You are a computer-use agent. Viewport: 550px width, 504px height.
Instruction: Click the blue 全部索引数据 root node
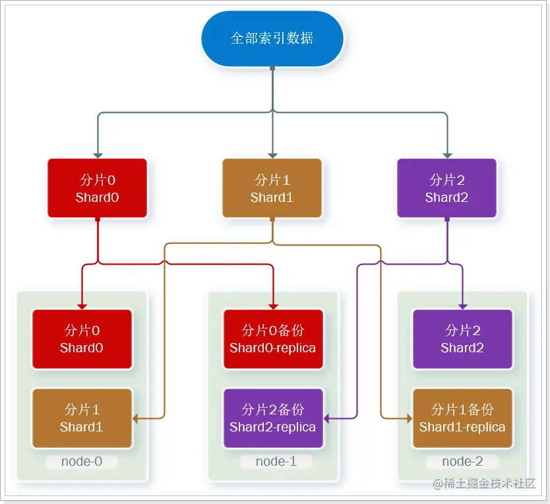point(272,38)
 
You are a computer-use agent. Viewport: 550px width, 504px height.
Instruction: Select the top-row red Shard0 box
point(97,188)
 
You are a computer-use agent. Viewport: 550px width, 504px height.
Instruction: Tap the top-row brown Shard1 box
point(272,188)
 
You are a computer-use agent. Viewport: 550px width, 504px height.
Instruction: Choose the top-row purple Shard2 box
point(446,188)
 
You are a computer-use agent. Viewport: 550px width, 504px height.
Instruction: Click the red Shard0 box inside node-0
point(82,339)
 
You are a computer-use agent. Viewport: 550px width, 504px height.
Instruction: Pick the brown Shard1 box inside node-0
point(82,418)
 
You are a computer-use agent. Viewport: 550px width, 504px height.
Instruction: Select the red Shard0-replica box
point(272,339)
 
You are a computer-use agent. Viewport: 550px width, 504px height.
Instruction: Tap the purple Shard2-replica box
point(272,418)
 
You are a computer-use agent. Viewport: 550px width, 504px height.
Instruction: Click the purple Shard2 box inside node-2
point(462,339)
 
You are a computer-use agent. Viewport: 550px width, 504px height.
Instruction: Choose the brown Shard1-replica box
point(462,418)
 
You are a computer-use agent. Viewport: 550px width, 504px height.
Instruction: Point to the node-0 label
point(81,461)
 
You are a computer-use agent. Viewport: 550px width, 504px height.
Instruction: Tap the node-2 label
point(462,461)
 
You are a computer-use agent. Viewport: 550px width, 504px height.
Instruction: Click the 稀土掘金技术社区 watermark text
point(489,484)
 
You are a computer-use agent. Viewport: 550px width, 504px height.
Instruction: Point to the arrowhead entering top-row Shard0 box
point(98,155)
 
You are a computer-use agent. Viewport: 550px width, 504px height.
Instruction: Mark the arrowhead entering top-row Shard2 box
point(446,155)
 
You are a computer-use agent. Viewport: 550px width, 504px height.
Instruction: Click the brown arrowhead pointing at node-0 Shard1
point(136,418)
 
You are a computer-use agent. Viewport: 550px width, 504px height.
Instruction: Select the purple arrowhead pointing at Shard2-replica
point(327,418)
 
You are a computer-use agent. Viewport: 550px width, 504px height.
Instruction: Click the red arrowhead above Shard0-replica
point(272,305)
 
